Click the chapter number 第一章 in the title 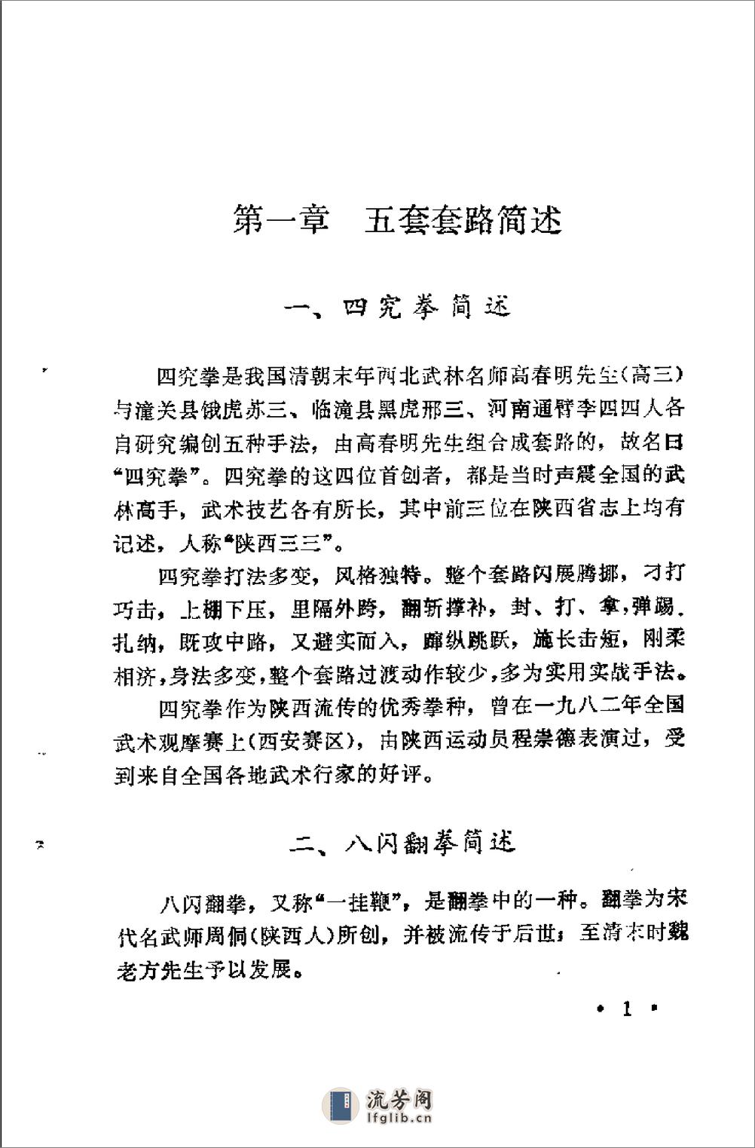pyautogui.click(x=281, y=220)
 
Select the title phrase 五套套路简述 pyautogui.click(x=463, y=220)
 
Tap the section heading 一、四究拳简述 pyautogui.click(x=398, y=308)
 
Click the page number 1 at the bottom pyautogui.click(x=626, y=1009)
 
